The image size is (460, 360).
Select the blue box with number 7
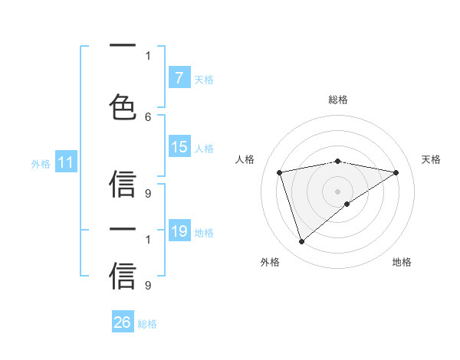[179, 77]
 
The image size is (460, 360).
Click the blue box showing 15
[179, 147]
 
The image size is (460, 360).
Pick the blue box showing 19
[179, 231]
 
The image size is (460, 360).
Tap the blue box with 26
[123, 322]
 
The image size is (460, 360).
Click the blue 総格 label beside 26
[147, 323]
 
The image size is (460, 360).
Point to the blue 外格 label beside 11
[41, 162]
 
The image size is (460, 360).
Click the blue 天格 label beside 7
[204, 79]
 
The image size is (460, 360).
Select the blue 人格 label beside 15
[204, 148]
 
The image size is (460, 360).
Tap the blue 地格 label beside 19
[204, 231]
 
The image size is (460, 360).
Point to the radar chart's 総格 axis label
[337, 100]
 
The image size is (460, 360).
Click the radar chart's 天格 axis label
[431, 159]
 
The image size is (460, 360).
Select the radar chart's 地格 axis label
[402, 262]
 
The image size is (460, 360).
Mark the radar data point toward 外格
[301, 242]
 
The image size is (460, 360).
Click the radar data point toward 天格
[396, 172]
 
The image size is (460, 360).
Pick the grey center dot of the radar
[337, 191]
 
